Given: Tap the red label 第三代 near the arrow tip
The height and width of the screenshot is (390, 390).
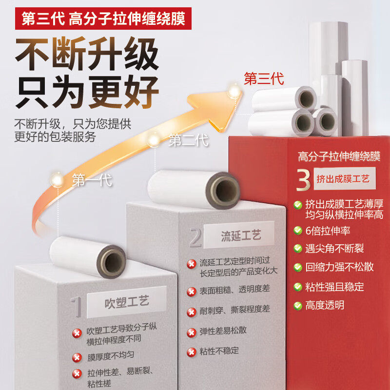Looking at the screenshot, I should [x=264, y=78].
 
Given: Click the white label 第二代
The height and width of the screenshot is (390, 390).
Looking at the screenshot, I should [x=189, y=141].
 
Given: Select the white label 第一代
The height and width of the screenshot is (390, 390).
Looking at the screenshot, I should [x=92, y=180].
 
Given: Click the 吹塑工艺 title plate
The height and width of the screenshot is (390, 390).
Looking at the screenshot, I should [x=127, y=302].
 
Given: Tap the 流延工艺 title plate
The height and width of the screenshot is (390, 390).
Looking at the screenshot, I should [x=241, y=236].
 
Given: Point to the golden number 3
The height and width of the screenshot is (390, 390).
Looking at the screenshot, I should [x=303, y=179].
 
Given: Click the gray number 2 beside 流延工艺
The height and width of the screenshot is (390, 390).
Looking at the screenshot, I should [x=195, y=238].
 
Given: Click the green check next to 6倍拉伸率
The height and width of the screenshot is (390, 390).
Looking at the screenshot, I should [x=297, y=231].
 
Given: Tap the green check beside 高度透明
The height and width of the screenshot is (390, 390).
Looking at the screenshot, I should [x=297, y=306].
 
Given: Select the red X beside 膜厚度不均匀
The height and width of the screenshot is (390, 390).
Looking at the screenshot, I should [x=77, y=358].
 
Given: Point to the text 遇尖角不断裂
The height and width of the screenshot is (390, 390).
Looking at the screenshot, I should [x=334, y=249].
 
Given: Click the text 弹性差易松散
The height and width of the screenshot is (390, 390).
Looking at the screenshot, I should [x=223, y=330].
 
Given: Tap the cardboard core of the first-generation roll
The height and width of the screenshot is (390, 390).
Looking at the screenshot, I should [x=113, y=262].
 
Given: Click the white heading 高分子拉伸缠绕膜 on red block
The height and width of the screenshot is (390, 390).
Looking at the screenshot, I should [x=339, y=156].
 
